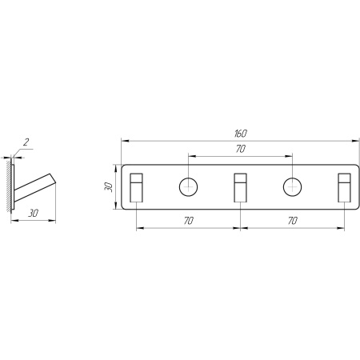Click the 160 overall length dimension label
pyautogui.click(x=241, y=134)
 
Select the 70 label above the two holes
pyautogui.click(x=241, y=149)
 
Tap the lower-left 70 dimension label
pyautogui.click(x=189, y=221)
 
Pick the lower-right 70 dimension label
pyautogui.click(x=293, y=221)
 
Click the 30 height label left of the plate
pyautogui.click(x=109, y=187)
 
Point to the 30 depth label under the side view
pyautogui.click(x=34, y=213)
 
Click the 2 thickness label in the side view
pyautogui.click(x=26, y=142)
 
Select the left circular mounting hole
pyautogui.click(x=189, y=187)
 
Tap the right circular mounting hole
pyautogui.click(x=293, y=187)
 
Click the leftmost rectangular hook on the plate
pyautogui.click(x=136, y=188)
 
